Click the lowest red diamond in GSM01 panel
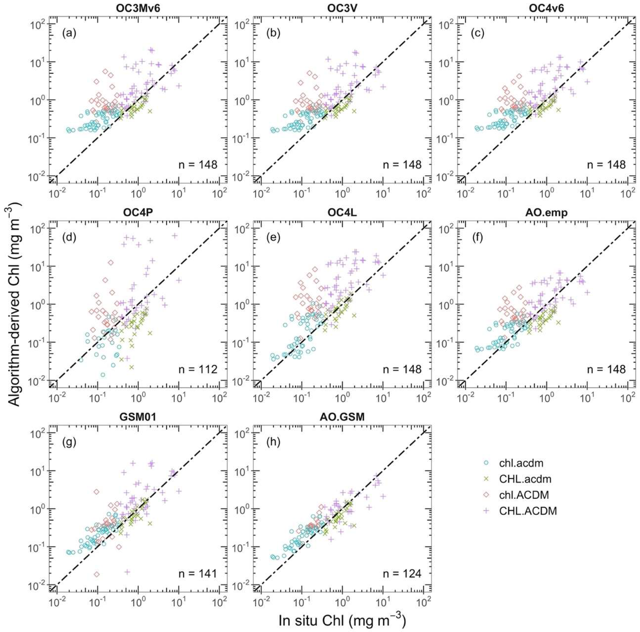(97, 574)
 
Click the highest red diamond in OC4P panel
(111, 263)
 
